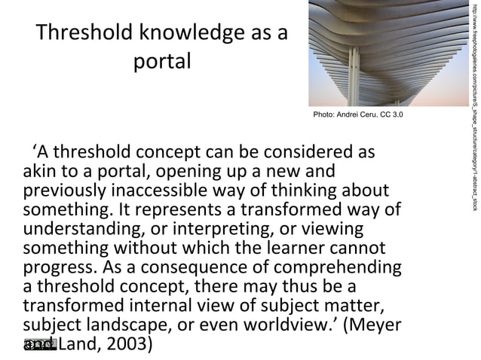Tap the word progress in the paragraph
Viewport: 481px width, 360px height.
(57, 267)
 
